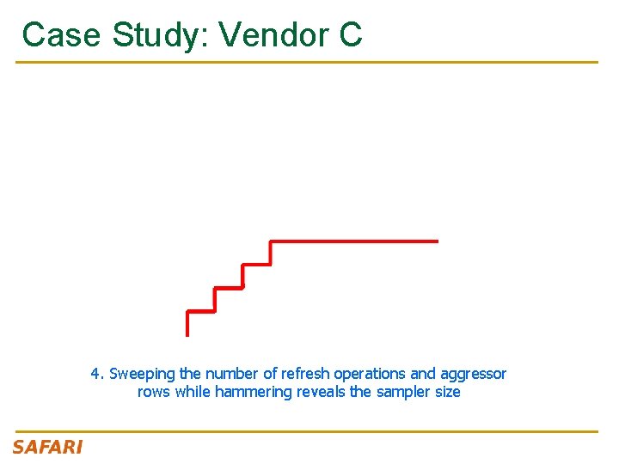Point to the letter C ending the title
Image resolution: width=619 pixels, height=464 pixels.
coord(350,35)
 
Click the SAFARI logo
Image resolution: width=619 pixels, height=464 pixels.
coord(47,447)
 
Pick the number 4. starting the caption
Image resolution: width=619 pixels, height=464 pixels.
coord(98,374)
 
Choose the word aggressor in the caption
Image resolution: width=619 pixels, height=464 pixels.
coord(473,374)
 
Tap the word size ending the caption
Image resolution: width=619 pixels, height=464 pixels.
coord(447,392)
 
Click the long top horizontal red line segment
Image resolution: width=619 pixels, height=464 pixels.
coord(354,241)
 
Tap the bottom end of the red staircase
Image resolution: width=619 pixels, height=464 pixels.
coord(187,333)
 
